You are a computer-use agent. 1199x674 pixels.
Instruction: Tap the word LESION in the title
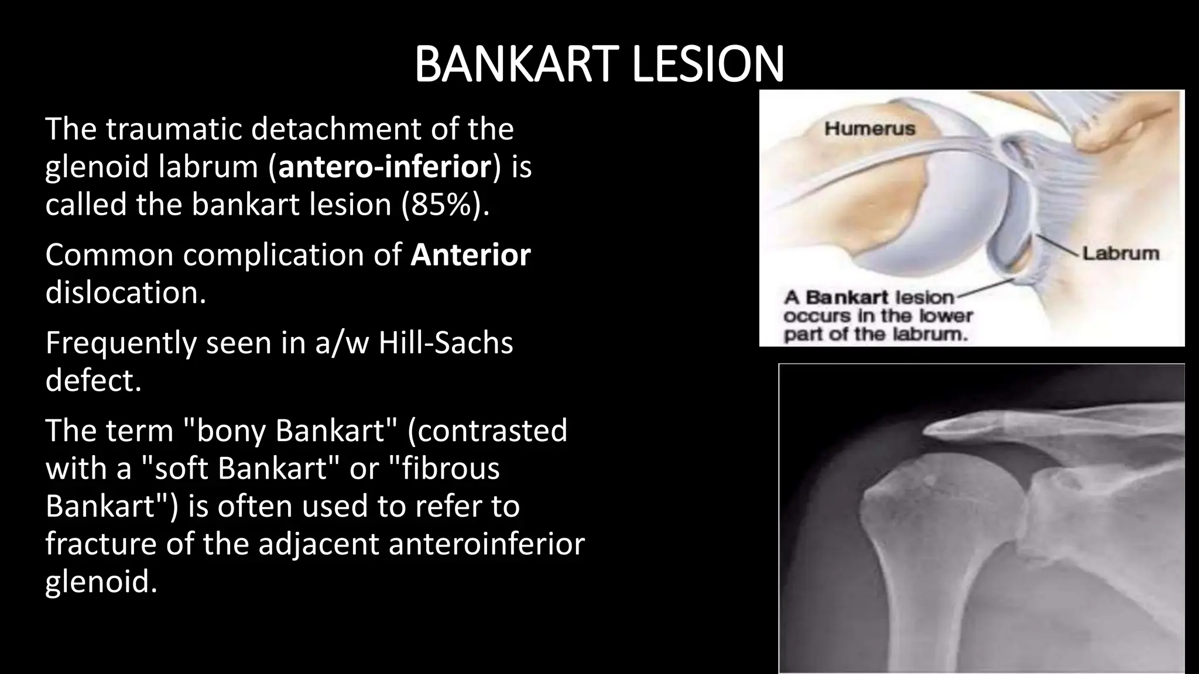708,64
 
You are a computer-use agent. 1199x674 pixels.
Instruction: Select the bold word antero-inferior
385,167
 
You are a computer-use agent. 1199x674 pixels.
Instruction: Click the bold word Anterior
470,255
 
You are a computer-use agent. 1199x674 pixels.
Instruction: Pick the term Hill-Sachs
446,343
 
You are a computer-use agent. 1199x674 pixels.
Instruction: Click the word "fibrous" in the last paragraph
445,468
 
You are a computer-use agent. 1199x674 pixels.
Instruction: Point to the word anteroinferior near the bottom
486,544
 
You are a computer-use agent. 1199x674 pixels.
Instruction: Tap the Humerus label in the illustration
869,129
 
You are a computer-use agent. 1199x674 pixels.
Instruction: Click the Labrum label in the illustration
1120,253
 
